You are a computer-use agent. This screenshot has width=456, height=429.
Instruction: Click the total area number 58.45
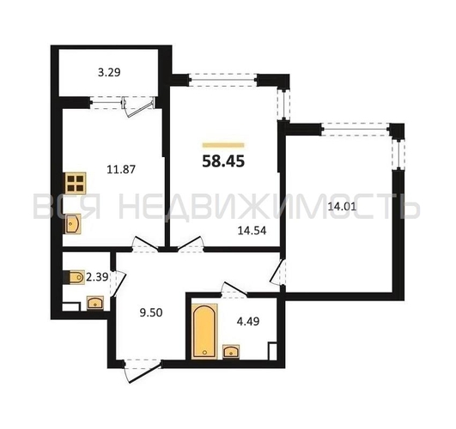(x=223, y=161)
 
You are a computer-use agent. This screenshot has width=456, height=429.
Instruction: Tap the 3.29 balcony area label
(x=109, y=72)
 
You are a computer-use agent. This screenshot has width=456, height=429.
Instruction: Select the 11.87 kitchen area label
(x=121, y=169)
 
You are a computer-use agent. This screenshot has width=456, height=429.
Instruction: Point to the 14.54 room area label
(x=252, y=231)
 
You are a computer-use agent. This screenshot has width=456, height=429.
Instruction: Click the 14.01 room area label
(x=342, y=207)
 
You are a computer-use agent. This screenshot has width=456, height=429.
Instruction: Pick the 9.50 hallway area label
(x=151, y=312)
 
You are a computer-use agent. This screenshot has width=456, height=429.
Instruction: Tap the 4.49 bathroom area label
(x=248, y=322)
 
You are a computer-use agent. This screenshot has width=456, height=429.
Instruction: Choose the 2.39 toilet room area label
(x=98, y=277)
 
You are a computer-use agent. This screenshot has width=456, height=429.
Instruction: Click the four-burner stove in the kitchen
(x=76, y=183)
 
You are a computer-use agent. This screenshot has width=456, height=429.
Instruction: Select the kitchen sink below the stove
(x=73, y=224)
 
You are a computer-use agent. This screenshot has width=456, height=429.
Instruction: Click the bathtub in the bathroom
(x=204, y=331)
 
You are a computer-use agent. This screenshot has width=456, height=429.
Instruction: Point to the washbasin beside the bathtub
(x=231, y=352)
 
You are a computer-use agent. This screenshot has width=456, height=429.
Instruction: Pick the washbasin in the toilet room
(x=95, y=303)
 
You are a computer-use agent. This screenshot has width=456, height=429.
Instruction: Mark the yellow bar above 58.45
(x=223, y=145)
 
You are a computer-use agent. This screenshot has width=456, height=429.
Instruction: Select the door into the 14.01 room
(x=277, y=272)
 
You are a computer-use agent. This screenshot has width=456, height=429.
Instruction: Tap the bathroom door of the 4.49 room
(x=234, y=289)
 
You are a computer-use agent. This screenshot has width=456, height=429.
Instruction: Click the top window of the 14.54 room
(x=223, y=79)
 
